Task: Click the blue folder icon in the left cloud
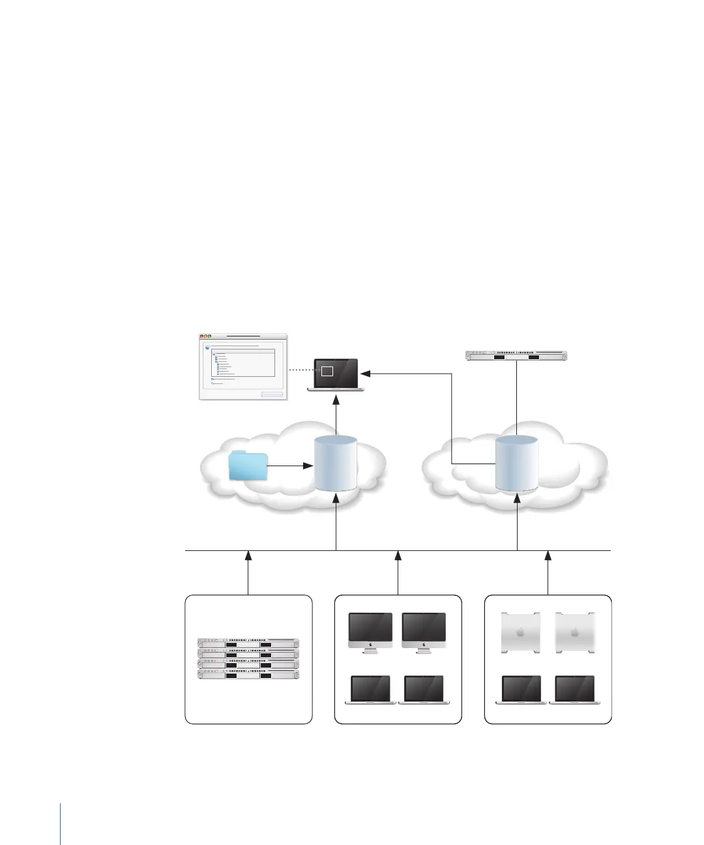pyautogui.click(x=248, y=466)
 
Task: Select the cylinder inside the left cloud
pyautogui.click(x=336, y=464)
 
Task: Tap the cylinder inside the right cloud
pyautogui.click(x=516, y=463)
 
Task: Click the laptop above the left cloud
pyautogui.click(x=336, y=374)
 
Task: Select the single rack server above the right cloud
pyautogui.click(x=516, y=355)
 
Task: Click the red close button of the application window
pyautogui.click(x=202, y=336)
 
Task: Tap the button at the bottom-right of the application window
pyautogui.click(x=272, y=394)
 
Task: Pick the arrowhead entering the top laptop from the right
pyautogui.click(x=366, y=374)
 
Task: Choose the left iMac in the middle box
pyautogui.click(x=370, y=632)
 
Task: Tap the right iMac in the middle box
pyautogui.click(x=424, y=632)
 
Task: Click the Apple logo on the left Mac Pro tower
pyautogui.click(x=520, y=632)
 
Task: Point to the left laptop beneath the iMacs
pyautogui.click(x=370, y=690)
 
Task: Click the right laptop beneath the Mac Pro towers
pyautogui.click(x=574, y=690)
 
